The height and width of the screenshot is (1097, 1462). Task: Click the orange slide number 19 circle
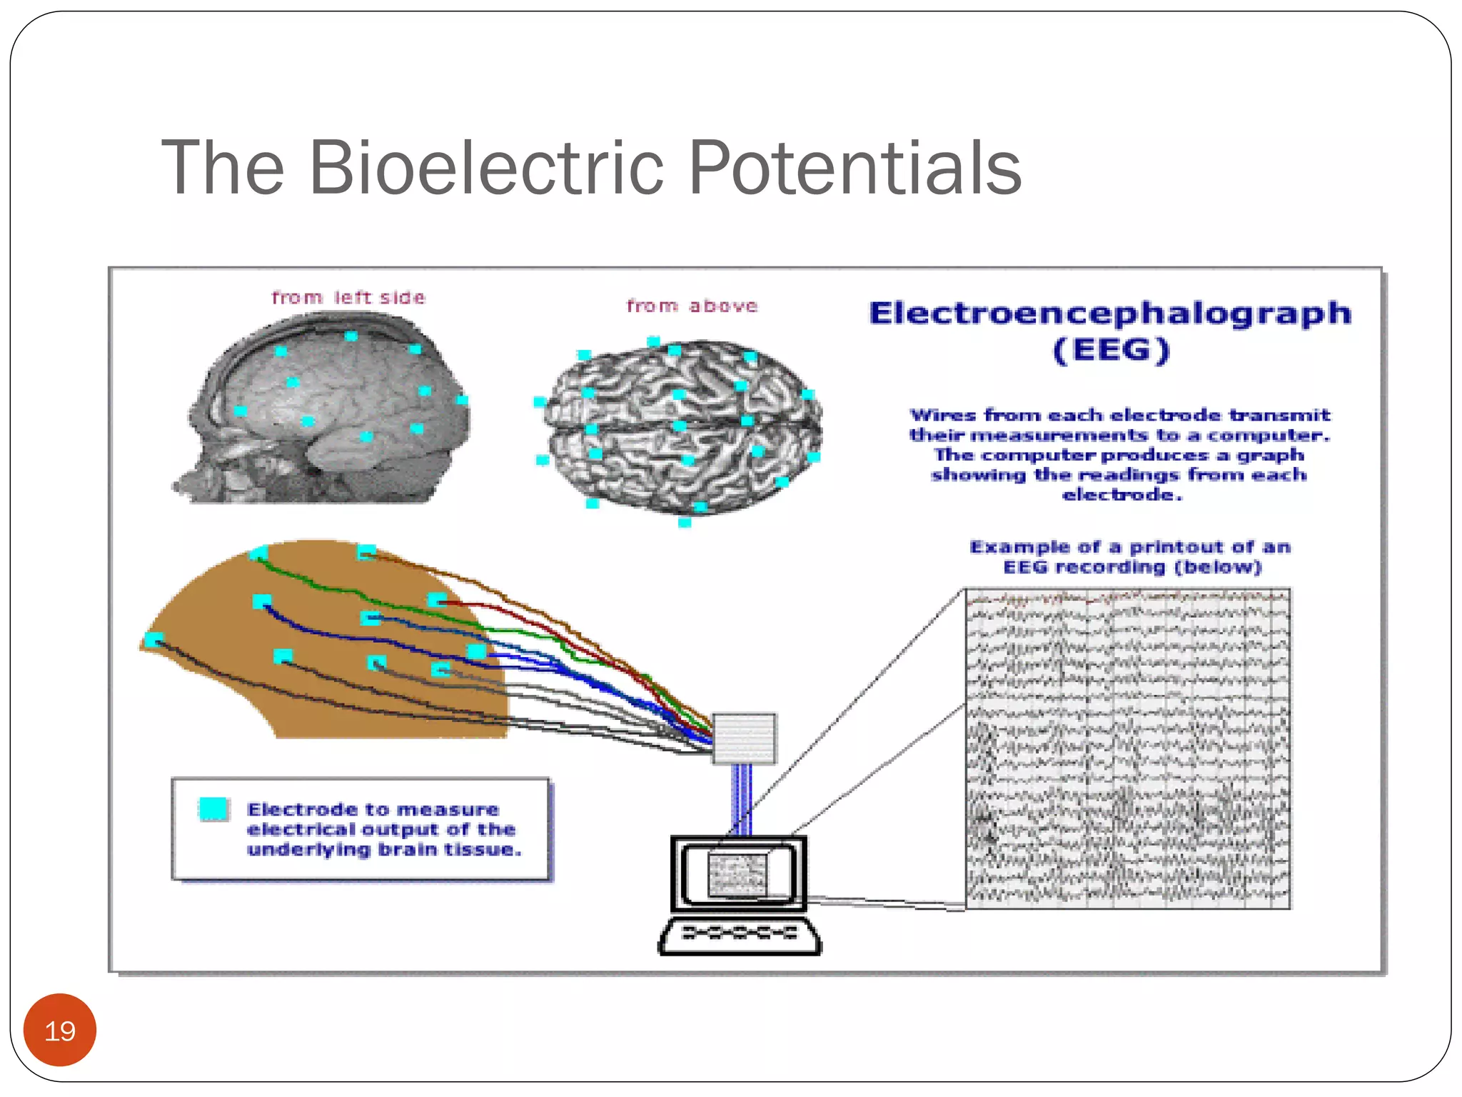tap(60, 1030)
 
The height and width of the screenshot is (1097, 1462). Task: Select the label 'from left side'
tap(348, 298)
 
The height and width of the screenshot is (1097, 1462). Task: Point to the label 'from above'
tap(692, 306)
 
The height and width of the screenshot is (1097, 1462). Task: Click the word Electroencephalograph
tap(1110, 314)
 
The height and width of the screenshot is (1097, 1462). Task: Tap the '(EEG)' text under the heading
tap(1111, 351)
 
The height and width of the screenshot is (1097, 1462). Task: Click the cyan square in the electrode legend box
tap(213, 809)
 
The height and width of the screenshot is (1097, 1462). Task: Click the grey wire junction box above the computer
tap(744, 738)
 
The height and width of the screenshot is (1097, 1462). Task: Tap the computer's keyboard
tap(740, 936)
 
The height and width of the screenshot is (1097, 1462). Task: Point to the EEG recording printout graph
tap(1127, 748)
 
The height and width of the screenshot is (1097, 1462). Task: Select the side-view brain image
tap(325, 411)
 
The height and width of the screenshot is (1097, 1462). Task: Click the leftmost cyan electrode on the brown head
tap(153, 639)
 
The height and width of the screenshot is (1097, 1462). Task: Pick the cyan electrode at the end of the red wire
tap(437, 601)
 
